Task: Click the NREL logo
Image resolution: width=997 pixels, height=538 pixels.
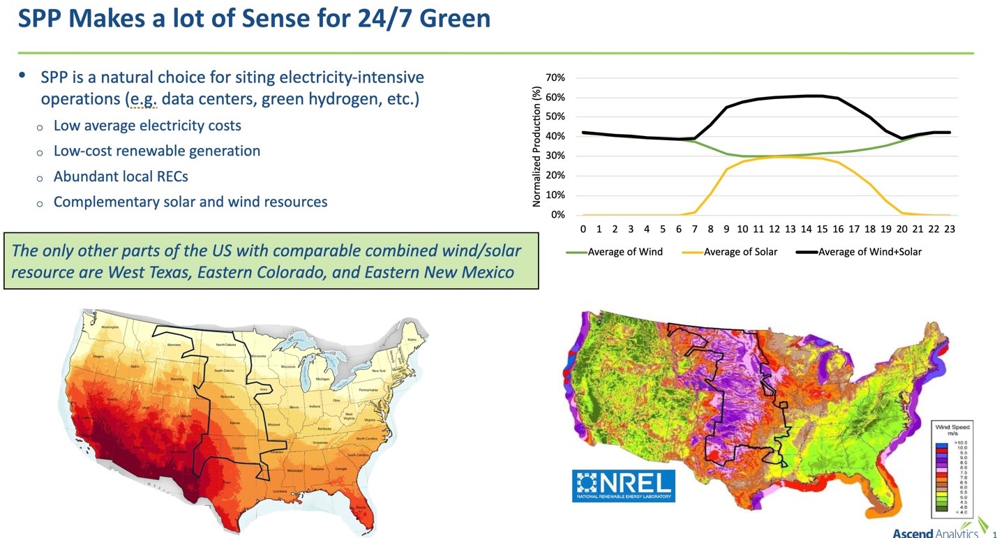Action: [x=623, y=486]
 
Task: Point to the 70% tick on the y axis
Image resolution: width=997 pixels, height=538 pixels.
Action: [x=556, y=77]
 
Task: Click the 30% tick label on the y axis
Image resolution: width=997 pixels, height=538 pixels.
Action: [x=556, y=156]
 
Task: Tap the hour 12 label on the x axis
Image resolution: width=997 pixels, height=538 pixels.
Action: [x=774, y=229]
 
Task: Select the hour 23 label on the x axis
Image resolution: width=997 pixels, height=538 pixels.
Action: [x=950, y=229]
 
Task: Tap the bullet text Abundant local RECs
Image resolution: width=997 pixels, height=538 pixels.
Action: [x=121, y=177]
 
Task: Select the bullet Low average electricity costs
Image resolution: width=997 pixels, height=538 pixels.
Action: [x=147, y=126]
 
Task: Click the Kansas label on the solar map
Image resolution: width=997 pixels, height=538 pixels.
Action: [x=235, y=423]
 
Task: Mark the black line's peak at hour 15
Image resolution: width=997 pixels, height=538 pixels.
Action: [x=822, y=96]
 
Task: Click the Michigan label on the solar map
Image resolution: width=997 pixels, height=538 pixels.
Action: [x=322, y=379]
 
